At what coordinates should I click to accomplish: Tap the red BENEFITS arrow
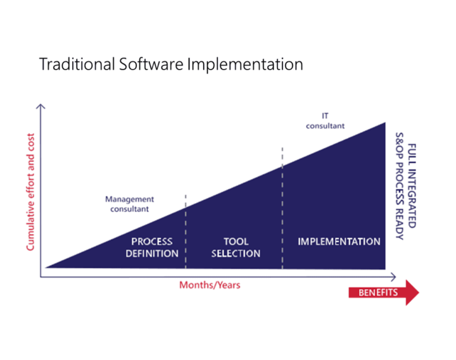coord(383,293)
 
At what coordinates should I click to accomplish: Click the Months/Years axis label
coord(210,285)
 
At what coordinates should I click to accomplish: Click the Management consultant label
coord(129,204)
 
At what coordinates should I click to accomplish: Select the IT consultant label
coord(325,121)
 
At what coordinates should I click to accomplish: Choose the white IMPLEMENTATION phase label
coord(339,242)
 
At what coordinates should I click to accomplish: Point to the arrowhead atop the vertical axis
coord(42,108)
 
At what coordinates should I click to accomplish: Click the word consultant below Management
coord(129,209)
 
